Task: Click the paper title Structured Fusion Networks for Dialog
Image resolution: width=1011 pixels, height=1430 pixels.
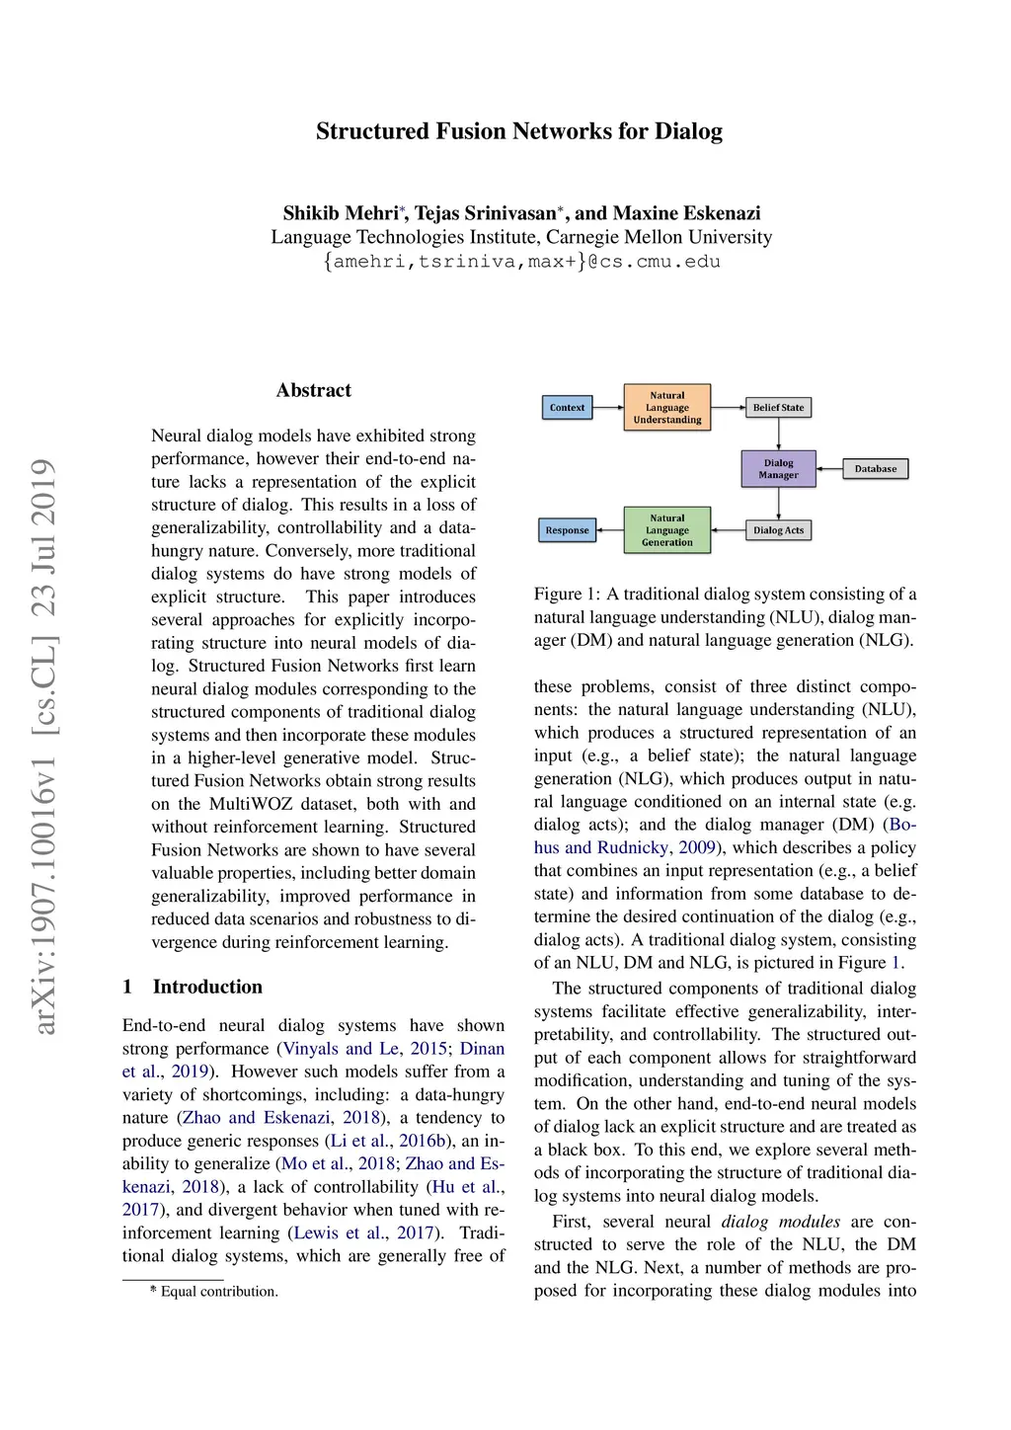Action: [519, 131]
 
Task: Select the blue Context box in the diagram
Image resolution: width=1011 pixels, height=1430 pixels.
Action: [568, 407]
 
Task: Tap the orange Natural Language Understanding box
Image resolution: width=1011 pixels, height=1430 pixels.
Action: [667, 407]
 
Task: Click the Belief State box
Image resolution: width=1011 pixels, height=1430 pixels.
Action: [778, 407]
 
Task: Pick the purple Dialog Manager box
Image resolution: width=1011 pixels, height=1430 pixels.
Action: [778, 469]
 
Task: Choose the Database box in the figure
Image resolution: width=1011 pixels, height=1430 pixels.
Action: [876, 469]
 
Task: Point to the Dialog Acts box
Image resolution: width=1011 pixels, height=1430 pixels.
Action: [778, 530]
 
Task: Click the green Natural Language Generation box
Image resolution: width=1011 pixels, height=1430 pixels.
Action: [667, 530]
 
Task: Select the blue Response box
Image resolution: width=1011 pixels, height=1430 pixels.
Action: [568, 530]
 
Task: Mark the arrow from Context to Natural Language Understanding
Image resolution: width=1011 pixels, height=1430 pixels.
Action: [608, 407]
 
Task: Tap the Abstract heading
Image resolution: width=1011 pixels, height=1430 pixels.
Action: [314, 390]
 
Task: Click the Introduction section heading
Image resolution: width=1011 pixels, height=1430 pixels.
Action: [207, 987]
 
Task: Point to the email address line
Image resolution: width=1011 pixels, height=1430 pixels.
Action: [521, 262]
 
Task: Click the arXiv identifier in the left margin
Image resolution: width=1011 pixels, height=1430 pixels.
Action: [44, 746]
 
